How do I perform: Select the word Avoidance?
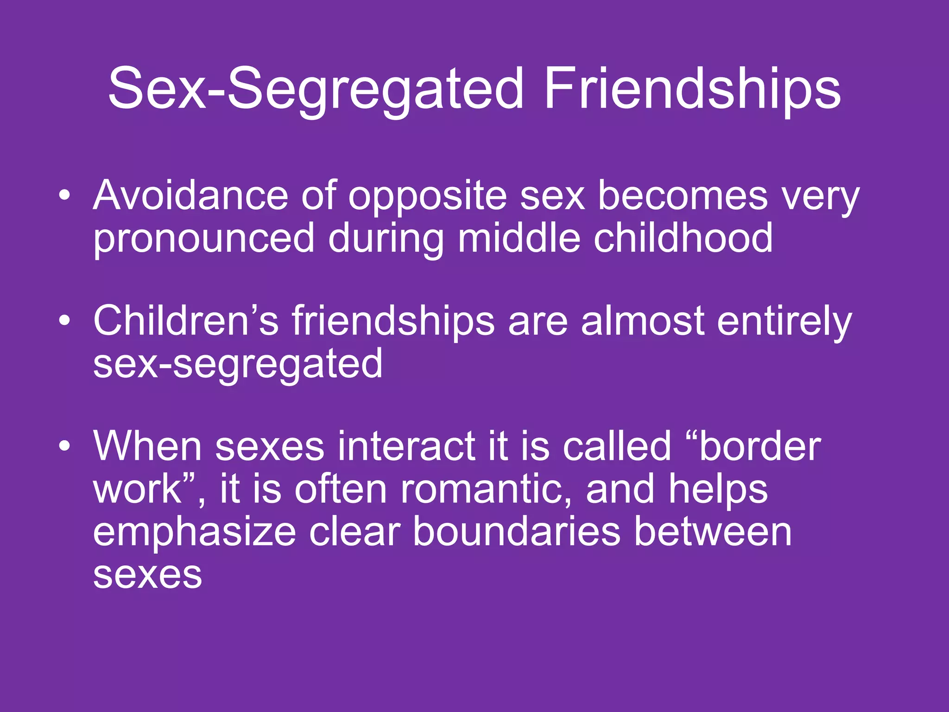pos(190,196)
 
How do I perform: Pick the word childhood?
pos(683,237)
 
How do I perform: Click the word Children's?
pos(186,321)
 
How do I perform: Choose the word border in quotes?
pos(760,446)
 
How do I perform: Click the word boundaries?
pos(516,532)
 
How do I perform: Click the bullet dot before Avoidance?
pos(65,195)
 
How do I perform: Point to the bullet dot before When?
pos(65,446)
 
